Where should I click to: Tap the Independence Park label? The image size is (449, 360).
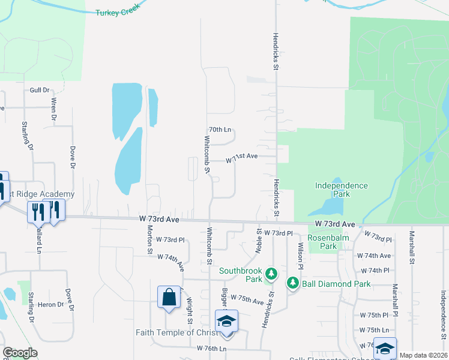point(341,190)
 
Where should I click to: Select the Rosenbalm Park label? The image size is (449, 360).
point(322,241)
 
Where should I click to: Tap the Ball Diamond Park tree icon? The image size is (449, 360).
point(292,283)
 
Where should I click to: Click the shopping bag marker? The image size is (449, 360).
point(169,297)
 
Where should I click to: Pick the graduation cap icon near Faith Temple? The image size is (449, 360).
point(226,321)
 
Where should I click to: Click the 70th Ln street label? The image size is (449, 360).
point(220,130)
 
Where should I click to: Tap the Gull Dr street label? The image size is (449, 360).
point(39,90)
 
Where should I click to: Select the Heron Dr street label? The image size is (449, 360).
point(52,305)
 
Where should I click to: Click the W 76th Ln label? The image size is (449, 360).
point(211,348)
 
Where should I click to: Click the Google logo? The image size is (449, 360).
point(20,353)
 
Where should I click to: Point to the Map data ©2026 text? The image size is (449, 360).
point(423,355)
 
